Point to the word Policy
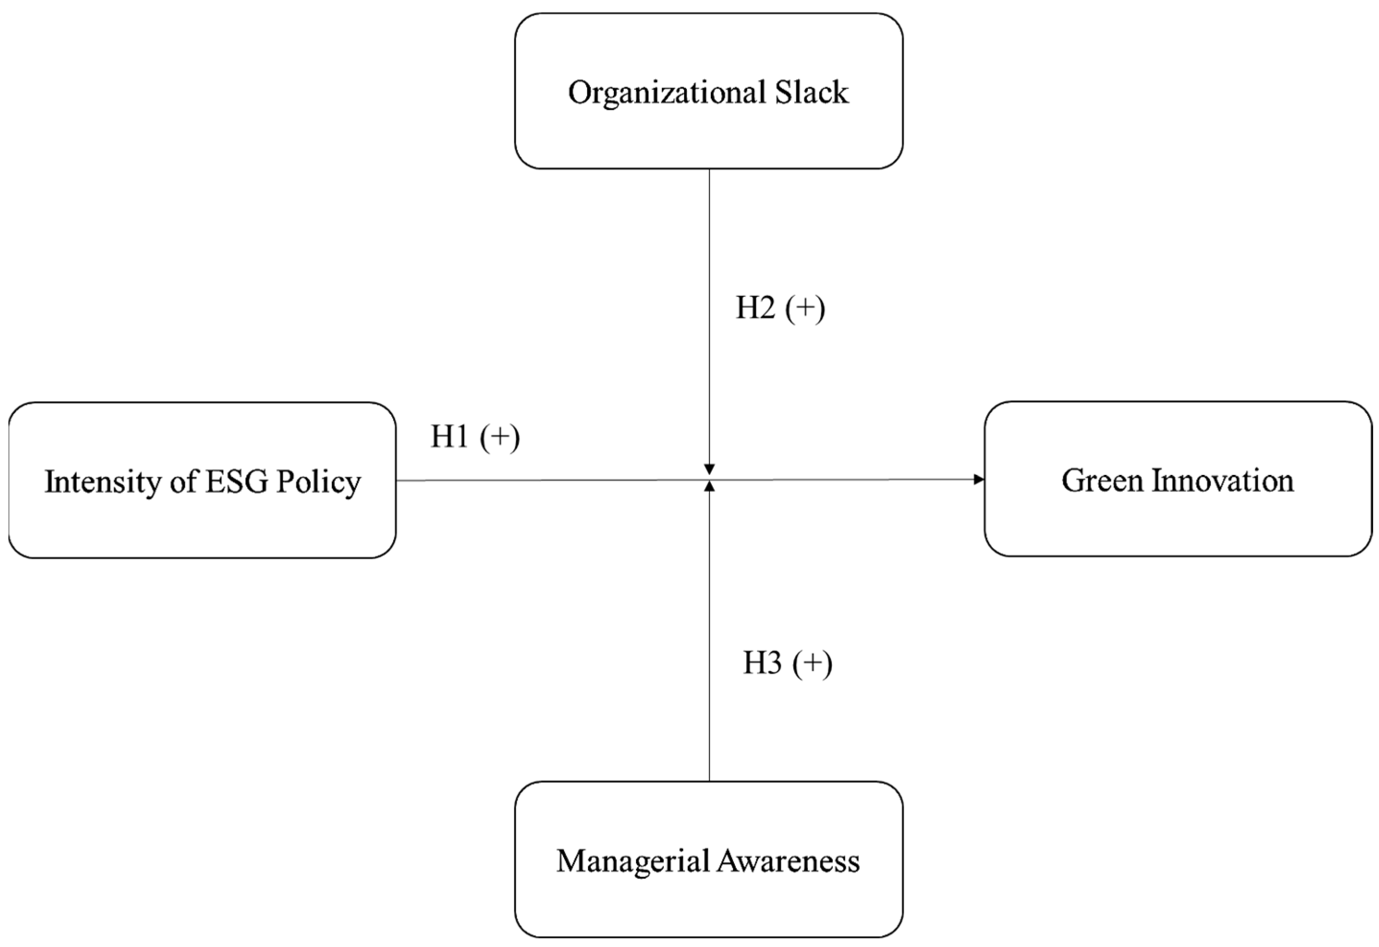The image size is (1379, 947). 318,482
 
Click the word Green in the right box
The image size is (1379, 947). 1102,481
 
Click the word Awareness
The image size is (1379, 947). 788,861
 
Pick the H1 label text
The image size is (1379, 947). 449,438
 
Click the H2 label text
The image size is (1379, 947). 755,308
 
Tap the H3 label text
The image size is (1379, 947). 763,663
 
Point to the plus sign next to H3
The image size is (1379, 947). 813,663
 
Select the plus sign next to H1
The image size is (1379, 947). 500,438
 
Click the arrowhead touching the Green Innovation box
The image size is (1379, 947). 979,479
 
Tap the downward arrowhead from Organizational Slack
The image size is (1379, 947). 709,469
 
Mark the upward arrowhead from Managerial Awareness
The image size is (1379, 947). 709,486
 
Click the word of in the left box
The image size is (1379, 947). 183,482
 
